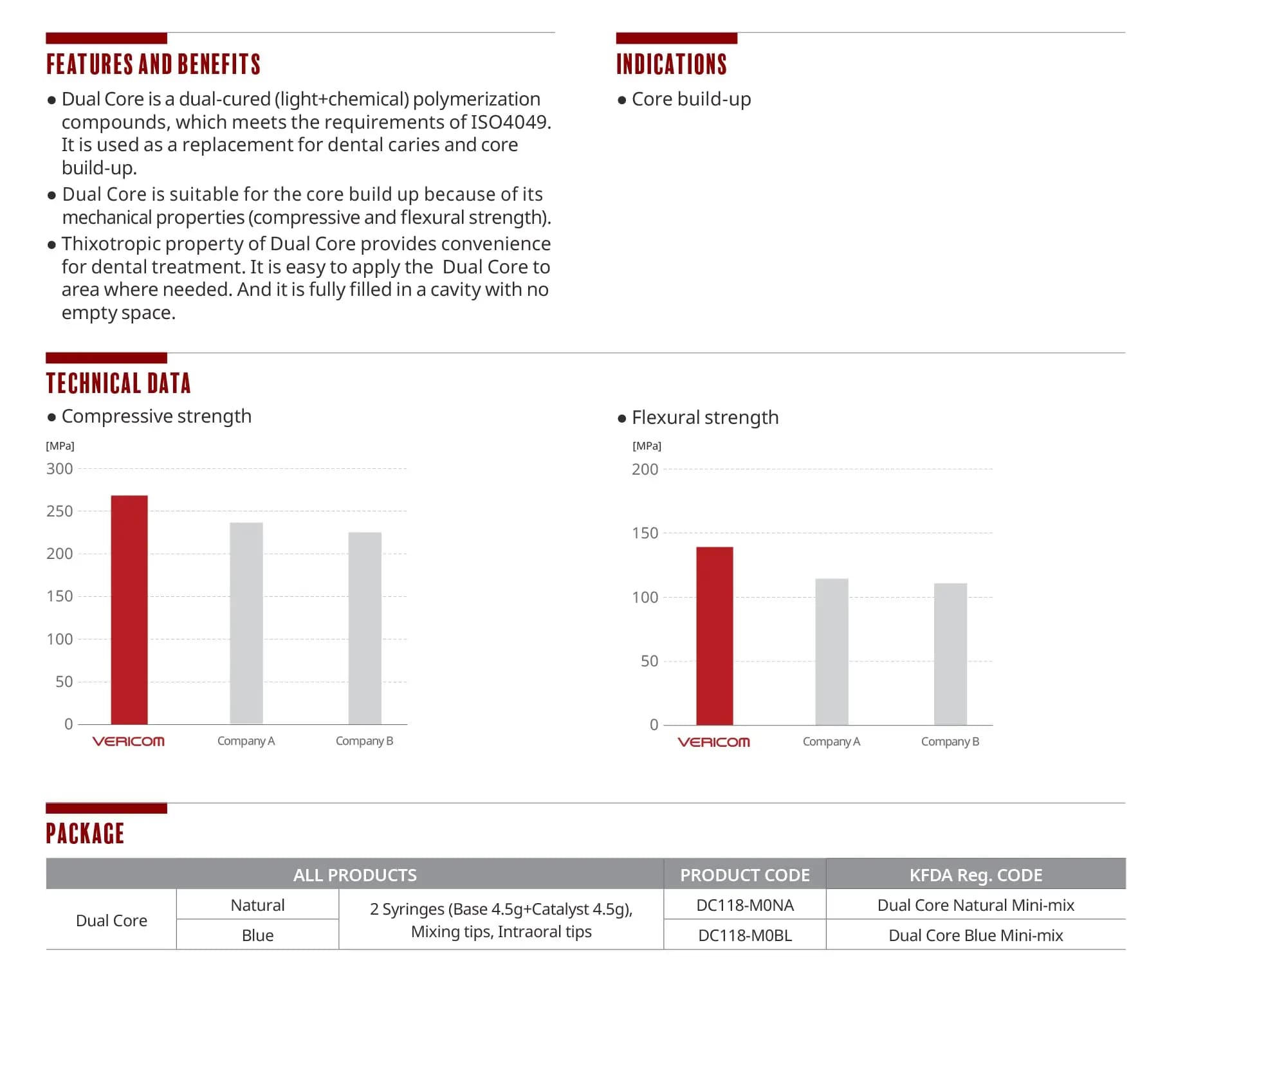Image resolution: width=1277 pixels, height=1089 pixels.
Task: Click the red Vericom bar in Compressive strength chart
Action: [x=129, y=610]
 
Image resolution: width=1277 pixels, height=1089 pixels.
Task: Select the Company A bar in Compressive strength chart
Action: [x=246, y=623]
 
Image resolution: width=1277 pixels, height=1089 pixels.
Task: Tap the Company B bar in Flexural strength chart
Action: [x=951, y=654]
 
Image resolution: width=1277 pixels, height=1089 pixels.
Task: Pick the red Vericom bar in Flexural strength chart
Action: [x=715, y=636]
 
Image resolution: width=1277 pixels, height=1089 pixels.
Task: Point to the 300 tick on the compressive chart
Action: [x=60, y=469]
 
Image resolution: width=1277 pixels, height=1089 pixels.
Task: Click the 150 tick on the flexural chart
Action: [x=645, y=533]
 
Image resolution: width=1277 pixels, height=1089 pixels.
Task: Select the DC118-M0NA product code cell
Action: [x=745, y=905]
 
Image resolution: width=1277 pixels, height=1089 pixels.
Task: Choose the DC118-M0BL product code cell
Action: [x=745, y=935]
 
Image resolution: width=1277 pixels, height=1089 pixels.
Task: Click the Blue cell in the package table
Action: [x=257, y=935]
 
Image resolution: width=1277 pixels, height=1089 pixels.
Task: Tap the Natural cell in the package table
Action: [x=257, y=905]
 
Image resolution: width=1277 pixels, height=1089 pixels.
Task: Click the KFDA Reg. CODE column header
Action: [x=976, y=875]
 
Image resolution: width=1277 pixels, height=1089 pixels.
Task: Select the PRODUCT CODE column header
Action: [x=745, y=875]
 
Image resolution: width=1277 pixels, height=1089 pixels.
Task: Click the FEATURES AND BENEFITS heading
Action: [x=153, y=64]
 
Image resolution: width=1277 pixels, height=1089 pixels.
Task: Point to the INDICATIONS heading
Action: [x=672, y=64]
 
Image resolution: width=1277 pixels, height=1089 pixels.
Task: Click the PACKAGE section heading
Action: [x=85, y=834]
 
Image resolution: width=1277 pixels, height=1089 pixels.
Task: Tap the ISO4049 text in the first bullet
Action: [x=508, y=122]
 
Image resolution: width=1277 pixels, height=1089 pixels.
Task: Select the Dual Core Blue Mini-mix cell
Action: [x=976, y=935]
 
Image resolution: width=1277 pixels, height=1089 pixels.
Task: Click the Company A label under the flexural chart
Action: [x=831, y=742]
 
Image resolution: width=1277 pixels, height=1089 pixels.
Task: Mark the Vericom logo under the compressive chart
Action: [x=129, y=742]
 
